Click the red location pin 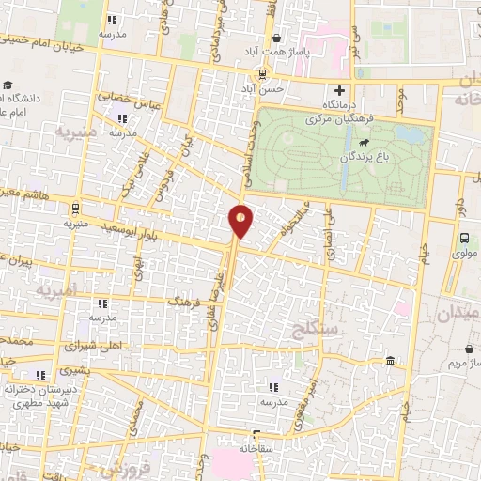(240, 221)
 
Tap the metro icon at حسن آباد (264, 74)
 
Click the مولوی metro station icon (464, 239)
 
